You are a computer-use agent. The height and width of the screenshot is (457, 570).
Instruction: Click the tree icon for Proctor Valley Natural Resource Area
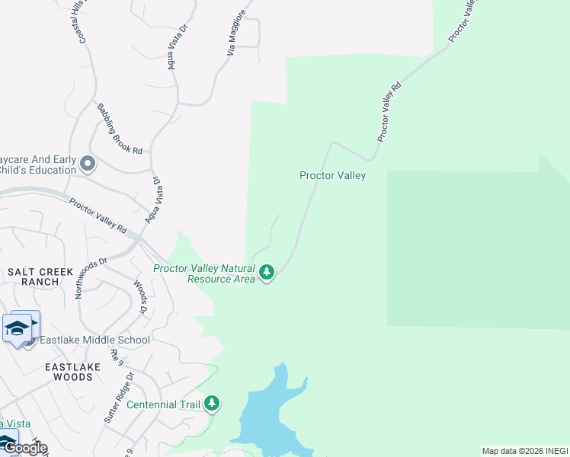[266, 272]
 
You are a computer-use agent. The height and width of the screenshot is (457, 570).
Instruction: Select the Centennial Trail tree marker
[212, 404]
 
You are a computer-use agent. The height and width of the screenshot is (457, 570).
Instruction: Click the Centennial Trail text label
[163, 404]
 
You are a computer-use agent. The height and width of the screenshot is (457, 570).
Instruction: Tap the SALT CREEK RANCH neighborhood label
[40, 276]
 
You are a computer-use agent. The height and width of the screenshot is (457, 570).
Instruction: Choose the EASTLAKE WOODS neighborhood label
[69, 372]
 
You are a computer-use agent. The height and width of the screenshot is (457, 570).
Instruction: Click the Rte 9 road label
[117, 356]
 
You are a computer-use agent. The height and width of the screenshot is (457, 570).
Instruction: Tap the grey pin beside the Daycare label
[88, 164]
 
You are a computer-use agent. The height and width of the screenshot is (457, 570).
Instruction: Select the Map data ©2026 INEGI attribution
[525, 451]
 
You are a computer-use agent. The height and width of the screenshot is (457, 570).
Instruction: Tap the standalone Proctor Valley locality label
[332, 176]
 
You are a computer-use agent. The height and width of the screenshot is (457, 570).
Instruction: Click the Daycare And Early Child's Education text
[38, 165]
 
